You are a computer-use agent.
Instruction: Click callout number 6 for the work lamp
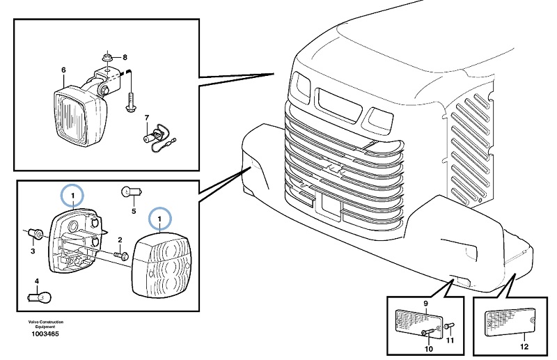(x=63, y=70)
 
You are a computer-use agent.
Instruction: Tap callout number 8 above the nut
(x=125, y=56)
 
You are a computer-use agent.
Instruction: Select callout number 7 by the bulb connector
(x=147, y=118)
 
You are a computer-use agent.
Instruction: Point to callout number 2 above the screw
(x=119, y=240)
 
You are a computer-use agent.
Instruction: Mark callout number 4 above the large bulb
(x=38, y=281)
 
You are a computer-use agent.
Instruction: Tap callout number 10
(x=429, y=347)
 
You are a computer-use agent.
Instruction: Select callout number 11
(x=449, y=340)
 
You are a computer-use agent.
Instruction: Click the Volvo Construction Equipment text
(x=46, y=324)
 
